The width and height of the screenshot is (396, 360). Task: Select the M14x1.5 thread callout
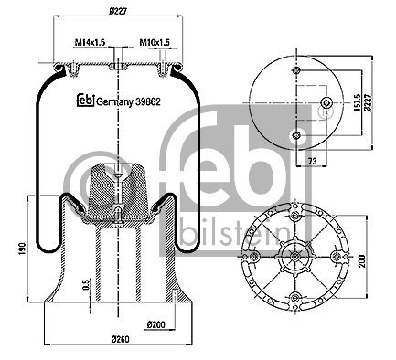click(90, 42)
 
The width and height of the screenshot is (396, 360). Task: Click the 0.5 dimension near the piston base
click(84, 285)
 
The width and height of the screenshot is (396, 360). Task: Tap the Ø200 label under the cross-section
click(155, 324)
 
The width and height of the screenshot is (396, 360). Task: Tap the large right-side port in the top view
click(325, 107)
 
